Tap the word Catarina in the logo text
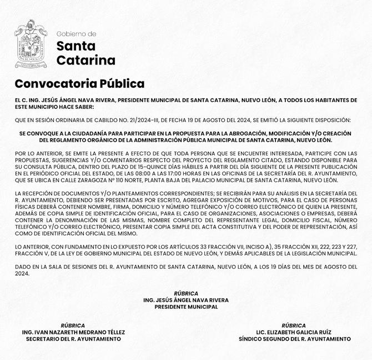tap(86, 60)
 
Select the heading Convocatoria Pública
tap(79, 84)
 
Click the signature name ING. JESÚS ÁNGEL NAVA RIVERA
tap(185, 300)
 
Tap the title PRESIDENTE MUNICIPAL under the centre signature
tap(186, 307)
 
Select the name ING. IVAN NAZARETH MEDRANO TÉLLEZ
tap(73, 332)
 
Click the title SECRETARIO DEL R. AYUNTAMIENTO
tap(73, 339)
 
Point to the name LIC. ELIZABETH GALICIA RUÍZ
tap(293, 332)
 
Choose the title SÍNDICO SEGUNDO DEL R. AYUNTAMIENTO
tap(294, 339)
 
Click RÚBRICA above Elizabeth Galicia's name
tap(293, 326)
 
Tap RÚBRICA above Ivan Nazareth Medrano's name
tap(73, 326)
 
